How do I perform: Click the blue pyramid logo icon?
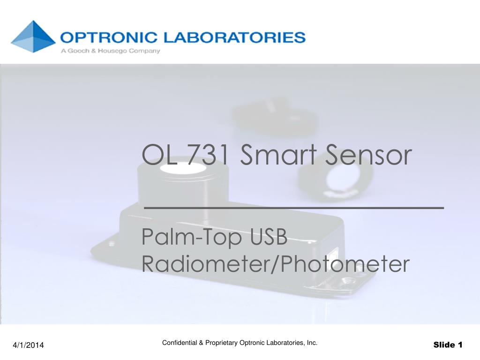tap(33, 37)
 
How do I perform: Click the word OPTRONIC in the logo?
tap(109, 37)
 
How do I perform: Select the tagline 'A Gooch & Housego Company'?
tap(111, 51)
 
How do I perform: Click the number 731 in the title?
tap(208, 155)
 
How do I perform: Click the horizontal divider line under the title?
tap(294, 208)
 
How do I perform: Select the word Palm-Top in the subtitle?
tap(192, 237)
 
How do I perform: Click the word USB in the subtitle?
tap(269, 237)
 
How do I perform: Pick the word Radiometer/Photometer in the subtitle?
tap(276, 264)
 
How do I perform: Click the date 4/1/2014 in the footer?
tap(28, 345)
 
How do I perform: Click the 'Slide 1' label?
tap(448, 345)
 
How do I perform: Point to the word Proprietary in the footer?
tap(221, 343)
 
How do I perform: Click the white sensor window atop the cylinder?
tap(183, 169)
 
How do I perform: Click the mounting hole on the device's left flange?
tap(111, 244)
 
